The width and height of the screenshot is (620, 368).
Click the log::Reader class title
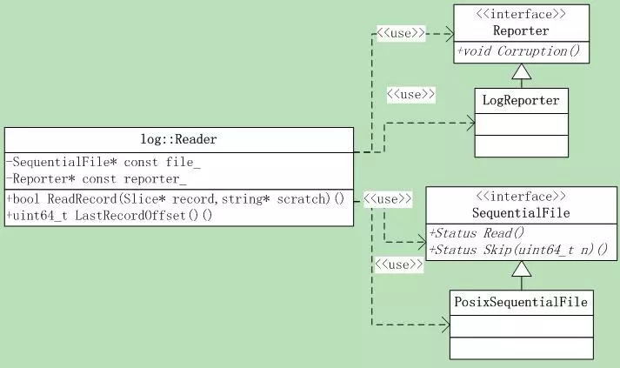click(179, 139)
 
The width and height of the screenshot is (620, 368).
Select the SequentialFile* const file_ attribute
click(103, 162)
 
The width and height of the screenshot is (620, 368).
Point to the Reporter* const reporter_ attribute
click(97, 179)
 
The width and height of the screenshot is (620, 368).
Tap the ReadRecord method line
click(176, 198)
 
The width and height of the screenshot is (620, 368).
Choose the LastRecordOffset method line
click(110, 216)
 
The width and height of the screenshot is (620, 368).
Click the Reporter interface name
click(521, 30)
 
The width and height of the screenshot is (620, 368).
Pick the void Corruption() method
click(519, 51)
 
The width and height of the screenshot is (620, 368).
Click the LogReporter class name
click(521, 101)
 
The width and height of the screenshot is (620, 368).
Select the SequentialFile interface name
click(521, 213)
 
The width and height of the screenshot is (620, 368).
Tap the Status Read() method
click(477, 233)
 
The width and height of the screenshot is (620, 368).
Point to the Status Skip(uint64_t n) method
click(518, 250)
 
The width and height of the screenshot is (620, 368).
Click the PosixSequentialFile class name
click(521, 302)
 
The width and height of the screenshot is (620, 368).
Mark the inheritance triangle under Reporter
click(522, 71)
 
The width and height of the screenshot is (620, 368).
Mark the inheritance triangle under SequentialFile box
click(522, 269)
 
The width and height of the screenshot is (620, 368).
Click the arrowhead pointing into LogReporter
click(470, 123)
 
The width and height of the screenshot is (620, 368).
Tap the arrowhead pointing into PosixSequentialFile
click(445, 325)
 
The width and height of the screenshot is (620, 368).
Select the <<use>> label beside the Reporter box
click(401, 33)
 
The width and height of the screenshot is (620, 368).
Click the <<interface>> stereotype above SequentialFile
click(521, 197)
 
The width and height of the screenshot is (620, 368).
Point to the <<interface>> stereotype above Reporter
click(521, 14)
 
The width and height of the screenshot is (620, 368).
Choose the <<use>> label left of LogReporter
click(410, 95)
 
